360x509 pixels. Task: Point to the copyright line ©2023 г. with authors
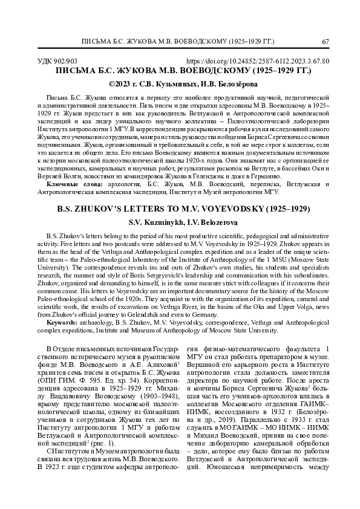pos(180,84)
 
